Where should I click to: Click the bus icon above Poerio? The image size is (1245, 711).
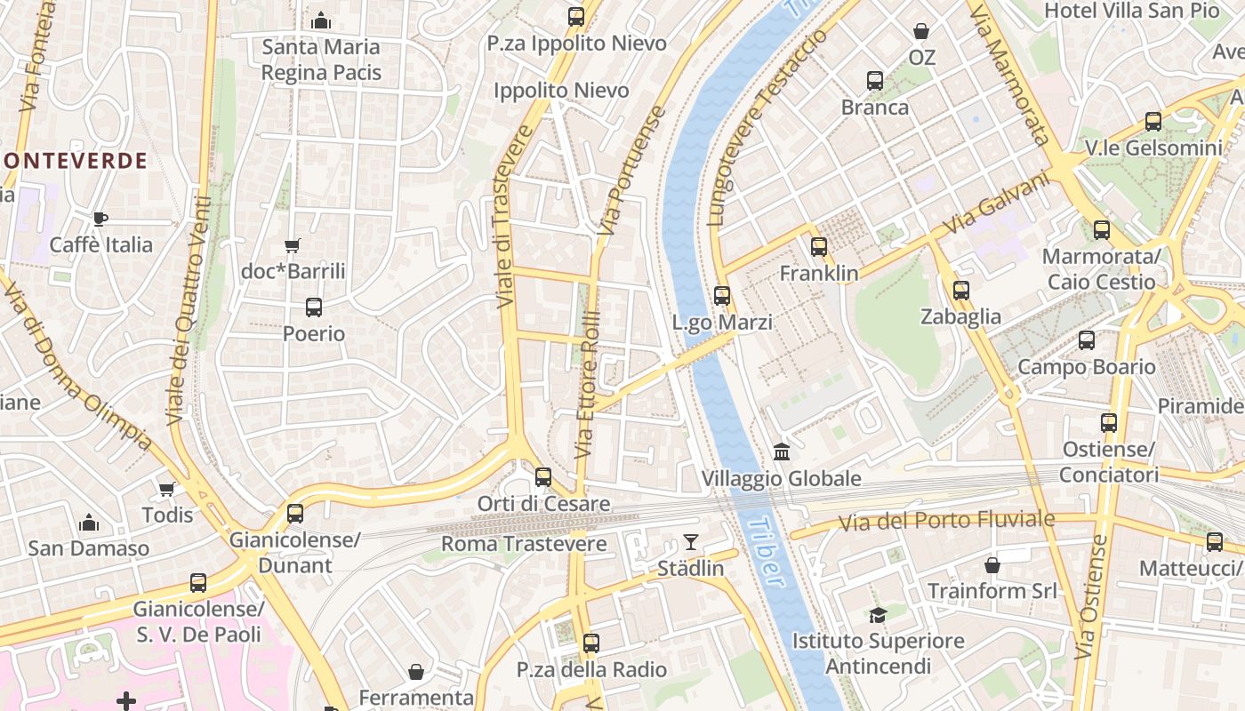point(314,308)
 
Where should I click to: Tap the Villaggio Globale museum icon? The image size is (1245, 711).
point(782,451)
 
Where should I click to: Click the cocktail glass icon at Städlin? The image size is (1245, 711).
point(691,541)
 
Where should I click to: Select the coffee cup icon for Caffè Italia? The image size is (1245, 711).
point(100,219)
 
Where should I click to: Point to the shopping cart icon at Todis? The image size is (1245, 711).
point(166,489)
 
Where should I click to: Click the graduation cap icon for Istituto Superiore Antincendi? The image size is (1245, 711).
point(878,615)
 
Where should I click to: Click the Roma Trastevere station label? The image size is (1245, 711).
point(524,544)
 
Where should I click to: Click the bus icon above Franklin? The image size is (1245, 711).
point(819,247)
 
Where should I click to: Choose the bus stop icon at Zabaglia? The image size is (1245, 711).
point(960,291)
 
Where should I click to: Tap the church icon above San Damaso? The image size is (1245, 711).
point(89,523)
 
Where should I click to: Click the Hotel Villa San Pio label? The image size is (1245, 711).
point(1131,11)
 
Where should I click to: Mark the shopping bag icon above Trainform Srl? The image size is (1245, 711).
point(992,565)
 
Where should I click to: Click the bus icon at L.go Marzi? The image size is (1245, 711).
point(722,296)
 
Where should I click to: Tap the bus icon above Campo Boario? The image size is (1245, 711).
point(1086,340)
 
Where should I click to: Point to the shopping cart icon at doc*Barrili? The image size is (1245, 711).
point(293,245)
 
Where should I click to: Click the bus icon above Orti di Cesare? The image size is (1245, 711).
point(543,477)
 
